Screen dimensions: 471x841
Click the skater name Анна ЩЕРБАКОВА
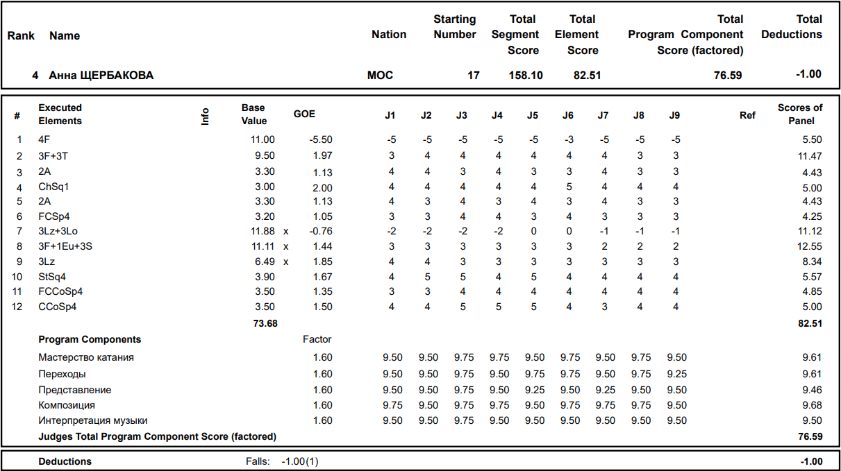click(101, 75)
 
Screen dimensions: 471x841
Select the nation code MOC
click(380, 75)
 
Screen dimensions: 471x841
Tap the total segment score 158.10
click(526, 75)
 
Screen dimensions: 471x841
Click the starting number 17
click(473, 75)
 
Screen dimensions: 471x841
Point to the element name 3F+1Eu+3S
click(65, 246)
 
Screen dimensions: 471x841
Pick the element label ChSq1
click(53, 187)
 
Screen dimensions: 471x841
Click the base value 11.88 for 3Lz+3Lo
click(263, 231)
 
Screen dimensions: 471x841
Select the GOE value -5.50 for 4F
click(321, 139)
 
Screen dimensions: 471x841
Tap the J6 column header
click(567, 115)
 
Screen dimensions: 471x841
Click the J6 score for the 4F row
click(569, 139)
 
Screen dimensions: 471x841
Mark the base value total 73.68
click(263, 323)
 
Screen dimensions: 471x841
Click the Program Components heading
click(90, 339)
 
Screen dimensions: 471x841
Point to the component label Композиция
click(67, 405)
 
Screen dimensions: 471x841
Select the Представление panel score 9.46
click(811, 390)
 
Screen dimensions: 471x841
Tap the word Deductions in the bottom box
click(65, 461)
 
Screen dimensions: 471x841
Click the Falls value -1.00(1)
click(300, 461)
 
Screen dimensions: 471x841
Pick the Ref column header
click(747, 115)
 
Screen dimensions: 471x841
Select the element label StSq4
click(52, 277)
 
